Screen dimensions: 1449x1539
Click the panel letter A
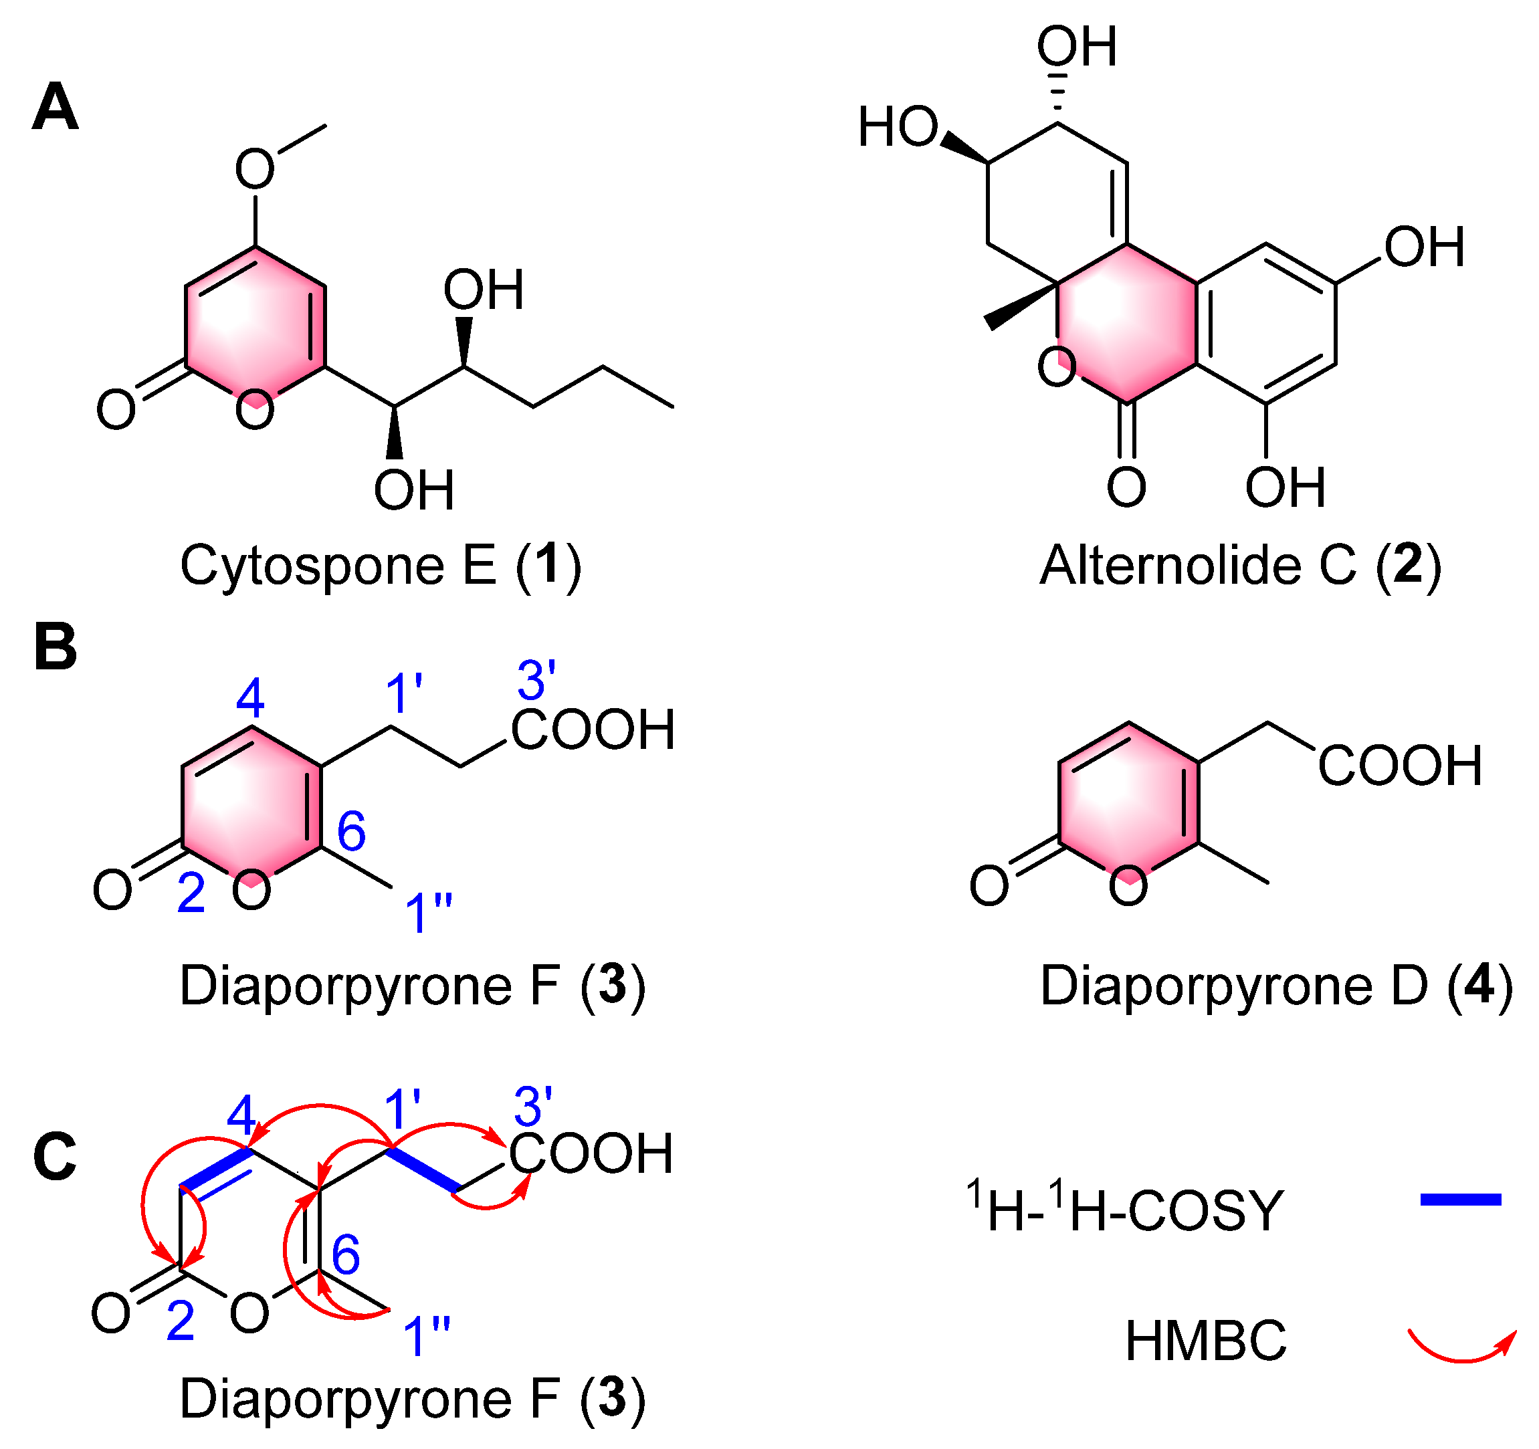coord(55,108)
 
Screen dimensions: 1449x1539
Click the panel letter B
coord(55,647)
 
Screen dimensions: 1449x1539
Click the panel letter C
coord(55,1155)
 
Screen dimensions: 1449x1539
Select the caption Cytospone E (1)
coord(380,566)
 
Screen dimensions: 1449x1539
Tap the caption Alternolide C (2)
coord(1240,566)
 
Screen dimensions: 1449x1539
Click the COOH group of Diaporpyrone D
coord(1400,766)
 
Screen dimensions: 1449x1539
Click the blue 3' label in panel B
coord(536,681)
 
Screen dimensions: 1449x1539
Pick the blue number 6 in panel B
coord(350,831)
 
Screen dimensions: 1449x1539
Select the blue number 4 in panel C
coord(241,1116)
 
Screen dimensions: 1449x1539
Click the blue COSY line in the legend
coord(1460,1200)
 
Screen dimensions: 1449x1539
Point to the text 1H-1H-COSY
coord(1124,1208)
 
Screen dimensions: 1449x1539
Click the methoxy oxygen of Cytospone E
coord(255,170)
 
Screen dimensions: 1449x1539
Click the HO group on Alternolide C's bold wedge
coord(898,127)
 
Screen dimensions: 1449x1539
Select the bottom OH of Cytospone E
coord(413,490)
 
